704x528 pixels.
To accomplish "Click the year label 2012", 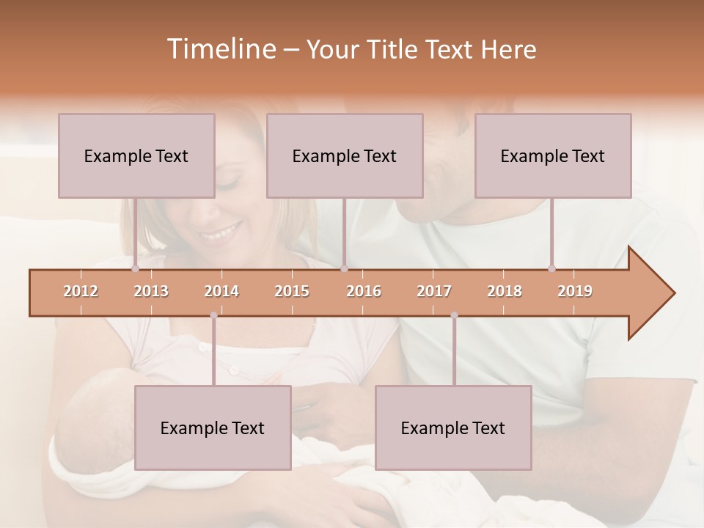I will coord(81,291).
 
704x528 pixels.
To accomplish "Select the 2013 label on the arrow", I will coord(151,291).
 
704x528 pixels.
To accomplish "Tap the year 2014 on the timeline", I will coord(221,291).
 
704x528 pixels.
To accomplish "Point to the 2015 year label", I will coord(292,291).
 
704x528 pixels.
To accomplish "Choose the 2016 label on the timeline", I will coord(364,291).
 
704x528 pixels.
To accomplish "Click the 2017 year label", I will coord(434,291).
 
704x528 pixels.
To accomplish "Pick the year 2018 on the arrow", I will coord(505,291).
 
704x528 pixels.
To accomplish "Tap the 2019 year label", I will coord(575,291).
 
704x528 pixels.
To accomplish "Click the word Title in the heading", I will coord(392,49).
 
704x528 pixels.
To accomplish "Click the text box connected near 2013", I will coord(136,155).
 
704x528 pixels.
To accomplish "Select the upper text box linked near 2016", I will coord(345,155).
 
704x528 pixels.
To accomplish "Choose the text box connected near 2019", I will coord(553,155).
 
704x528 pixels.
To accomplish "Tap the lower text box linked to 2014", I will coord(213,428).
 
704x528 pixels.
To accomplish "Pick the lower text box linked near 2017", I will coord(453,428).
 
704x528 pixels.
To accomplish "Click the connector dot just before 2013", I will coord(136,268).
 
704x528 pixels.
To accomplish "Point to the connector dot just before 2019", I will coord(552,268).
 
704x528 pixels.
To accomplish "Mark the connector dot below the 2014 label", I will coord(213,315).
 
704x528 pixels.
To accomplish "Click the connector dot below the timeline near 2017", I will coord(454,315).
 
